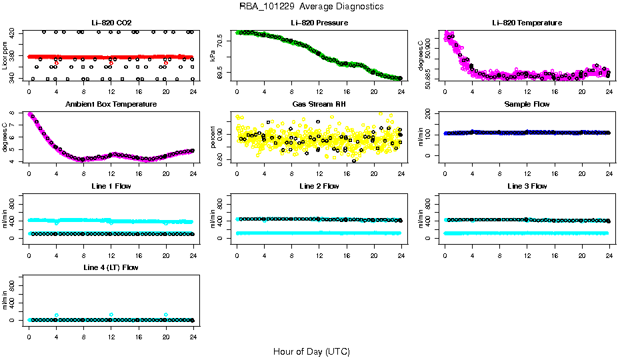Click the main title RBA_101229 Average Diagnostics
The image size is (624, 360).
[x=311, y=7]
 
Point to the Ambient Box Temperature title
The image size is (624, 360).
[x=111, y=105]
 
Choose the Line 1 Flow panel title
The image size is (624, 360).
[x=111, y=186]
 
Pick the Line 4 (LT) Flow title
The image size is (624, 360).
[x=111, y=267]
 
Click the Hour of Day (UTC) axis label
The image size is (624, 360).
[x=311, y=351]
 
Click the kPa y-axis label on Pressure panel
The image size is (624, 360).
[x=213, y=56]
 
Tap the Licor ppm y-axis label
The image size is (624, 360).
[x=5, y=56]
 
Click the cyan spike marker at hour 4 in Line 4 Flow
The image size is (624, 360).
[x=57, y=315]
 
